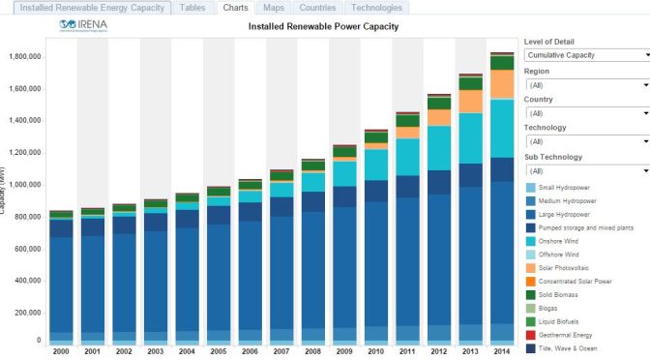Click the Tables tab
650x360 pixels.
click(193, 8)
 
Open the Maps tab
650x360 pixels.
click(274, 8)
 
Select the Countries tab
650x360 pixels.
click(317, 8)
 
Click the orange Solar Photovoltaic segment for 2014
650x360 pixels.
click(502, 84)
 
